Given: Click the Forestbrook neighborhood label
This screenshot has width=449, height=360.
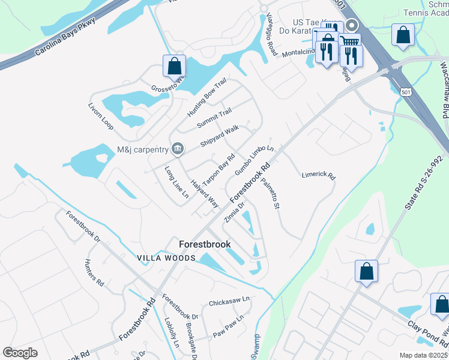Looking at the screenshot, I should point(205,244).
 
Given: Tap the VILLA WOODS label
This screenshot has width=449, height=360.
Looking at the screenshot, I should point(166,258).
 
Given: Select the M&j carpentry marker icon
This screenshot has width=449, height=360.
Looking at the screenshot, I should point(178,148).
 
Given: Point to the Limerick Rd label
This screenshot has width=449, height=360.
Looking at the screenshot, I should point(318,175).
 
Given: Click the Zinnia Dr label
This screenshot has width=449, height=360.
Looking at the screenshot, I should point(235,212).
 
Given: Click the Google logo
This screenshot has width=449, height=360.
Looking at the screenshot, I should point(20,353).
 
